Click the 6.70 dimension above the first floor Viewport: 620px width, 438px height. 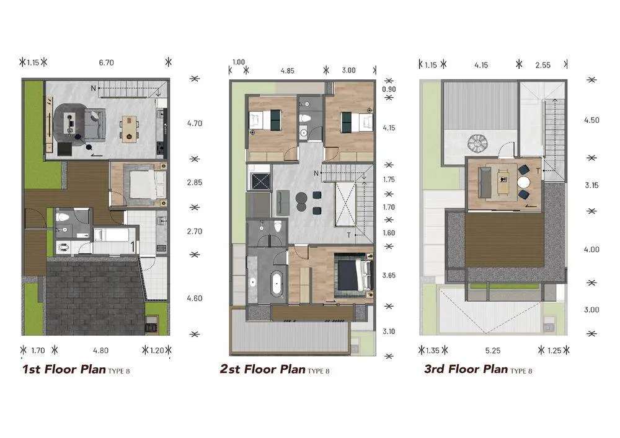[x=107, y=63]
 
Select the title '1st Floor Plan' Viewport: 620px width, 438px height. [x=64, y=369]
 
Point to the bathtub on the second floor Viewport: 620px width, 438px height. [x=277, y=283]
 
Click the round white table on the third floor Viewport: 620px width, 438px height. [x=524, y=183]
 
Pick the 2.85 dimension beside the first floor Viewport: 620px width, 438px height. [x=195, y=183]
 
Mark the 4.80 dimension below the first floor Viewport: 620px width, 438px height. [x=101, y=350]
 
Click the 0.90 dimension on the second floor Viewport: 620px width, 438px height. [x=389, y=89]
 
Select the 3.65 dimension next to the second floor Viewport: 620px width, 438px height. [x=389, y=275]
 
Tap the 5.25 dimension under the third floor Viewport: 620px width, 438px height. [x=493, y=350]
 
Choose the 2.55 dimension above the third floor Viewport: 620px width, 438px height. [x=543, y=65]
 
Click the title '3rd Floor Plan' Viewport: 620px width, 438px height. [x=466, y=369]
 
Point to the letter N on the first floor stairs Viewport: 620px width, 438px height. [x=94, y=88]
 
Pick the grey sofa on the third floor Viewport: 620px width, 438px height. [x=485, y=183]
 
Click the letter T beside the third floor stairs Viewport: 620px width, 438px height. [x=538, y=171]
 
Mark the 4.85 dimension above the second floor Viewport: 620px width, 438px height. [x=288, y=71]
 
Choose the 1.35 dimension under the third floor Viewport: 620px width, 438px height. [x=433, y=350]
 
